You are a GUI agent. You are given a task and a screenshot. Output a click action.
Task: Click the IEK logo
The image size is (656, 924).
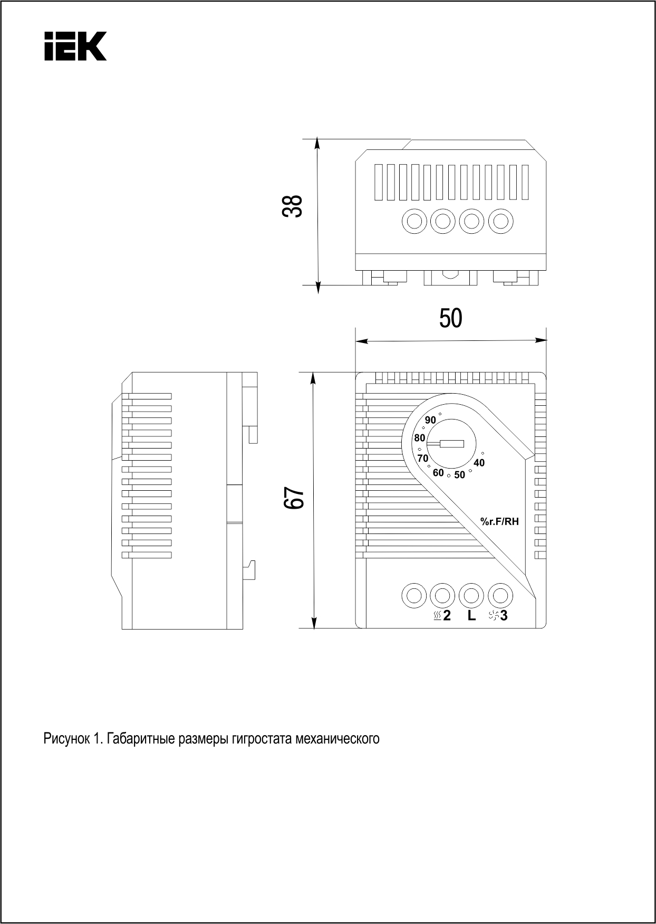pyautogui.click(x=75, y=46)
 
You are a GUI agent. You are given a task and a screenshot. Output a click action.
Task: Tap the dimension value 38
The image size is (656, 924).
pyautogui.click(x=293, y=206)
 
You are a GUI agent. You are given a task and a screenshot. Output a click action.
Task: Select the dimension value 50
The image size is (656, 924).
pyautogui.click(x=450, y=318)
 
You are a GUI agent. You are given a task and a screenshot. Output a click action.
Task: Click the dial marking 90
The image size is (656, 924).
pyautogui.click(x=430, y=420)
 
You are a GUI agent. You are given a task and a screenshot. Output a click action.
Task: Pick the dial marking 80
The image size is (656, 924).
pyautogui.click(x=420, y=438)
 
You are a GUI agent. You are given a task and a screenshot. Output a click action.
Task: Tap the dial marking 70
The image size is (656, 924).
pyautogui.click(x=423, y=459)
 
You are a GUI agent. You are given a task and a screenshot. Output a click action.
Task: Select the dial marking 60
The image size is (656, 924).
pyautogui.click(x=438, y=473)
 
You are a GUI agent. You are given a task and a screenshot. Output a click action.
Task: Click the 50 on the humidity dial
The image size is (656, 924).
pyautogui.click(x=460, y=475)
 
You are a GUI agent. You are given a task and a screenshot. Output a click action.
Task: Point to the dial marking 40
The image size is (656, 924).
pyautogui.click(x=479, y=463)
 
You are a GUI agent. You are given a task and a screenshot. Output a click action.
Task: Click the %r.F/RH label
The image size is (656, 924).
pyautogui.click(x=499, y=522)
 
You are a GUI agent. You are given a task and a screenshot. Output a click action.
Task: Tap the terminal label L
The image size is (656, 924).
pyautogui.click(x=471, y=615)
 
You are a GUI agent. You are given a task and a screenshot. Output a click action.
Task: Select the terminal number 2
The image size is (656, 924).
pyautogui.click(x=447, y=615)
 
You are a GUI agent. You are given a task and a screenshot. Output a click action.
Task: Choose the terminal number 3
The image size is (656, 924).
pyautogui.click(x=504, y=615)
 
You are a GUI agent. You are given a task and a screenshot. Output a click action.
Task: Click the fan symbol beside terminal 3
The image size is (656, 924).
pyautogui.click(x=494, y=615)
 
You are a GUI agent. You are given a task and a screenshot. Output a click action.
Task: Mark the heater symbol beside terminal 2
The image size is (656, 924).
pyautogui.click(x=437, y=616)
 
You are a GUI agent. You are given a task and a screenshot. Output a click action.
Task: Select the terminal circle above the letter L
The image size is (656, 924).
pyautogui.click(x=471, y=596)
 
